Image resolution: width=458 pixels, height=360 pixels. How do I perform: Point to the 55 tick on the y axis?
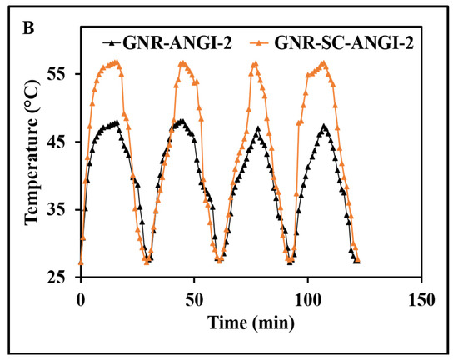pyautogui.click(x=62, y=74)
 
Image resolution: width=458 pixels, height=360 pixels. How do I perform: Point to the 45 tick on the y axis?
pyautogui.click(x=62, y=142)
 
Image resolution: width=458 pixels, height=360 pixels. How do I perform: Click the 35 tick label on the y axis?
pyautogui.click(x=62, y=209)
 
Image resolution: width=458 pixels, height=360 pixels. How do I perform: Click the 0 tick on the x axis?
pyautogui.click(x=81, y=297)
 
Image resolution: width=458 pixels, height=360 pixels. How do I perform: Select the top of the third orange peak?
pyautogui.click(x=255, y=63)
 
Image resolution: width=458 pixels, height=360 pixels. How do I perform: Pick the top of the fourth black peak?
pyautogui.click(x=324, y=127)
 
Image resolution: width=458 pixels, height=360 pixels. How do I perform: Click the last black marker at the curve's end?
pyautogui.click(x=357, y=261)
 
